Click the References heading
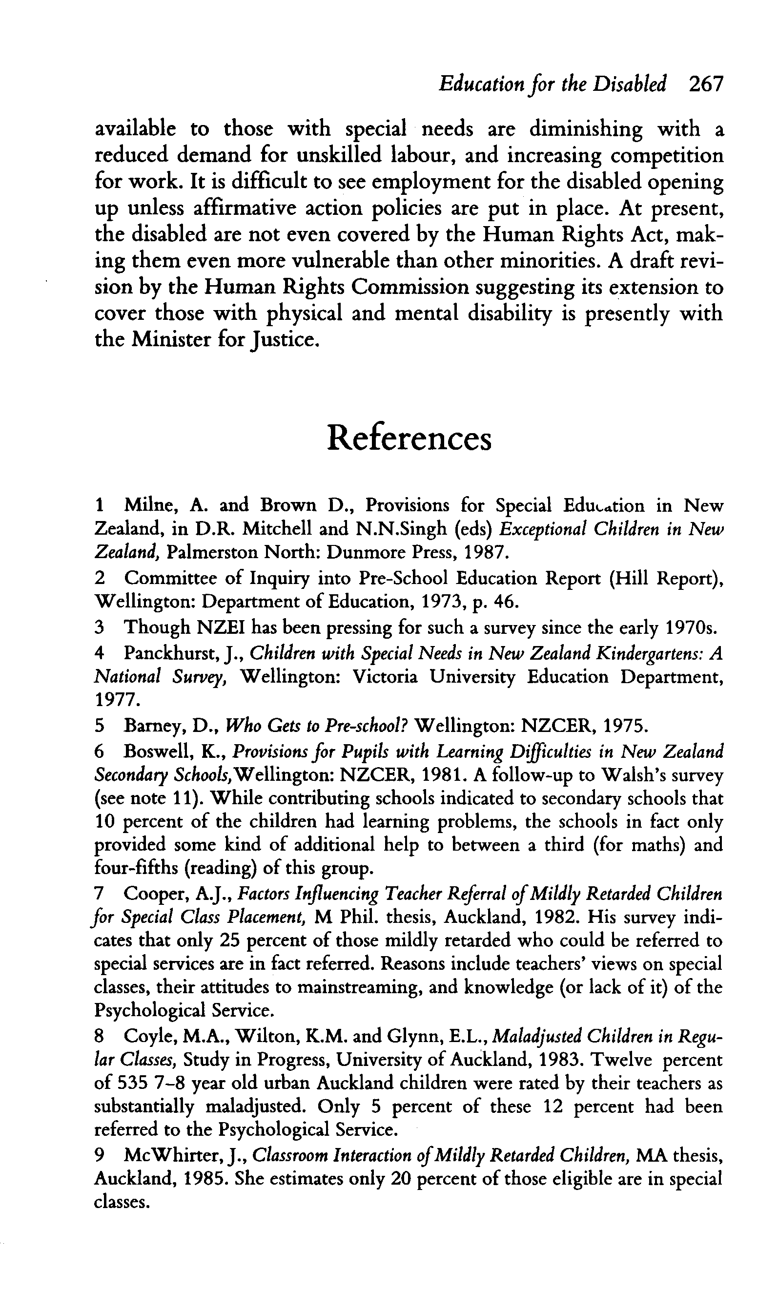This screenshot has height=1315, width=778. coord(409,438)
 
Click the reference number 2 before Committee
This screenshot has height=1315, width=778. coord(100,578)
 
